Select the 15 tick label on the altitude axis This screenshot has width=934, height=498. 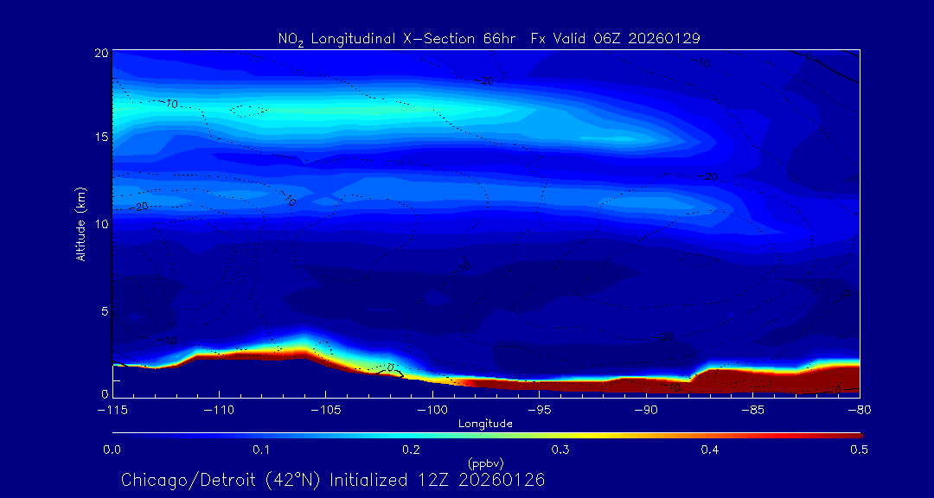103,138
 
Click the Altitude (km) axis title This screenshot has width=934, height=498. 80,224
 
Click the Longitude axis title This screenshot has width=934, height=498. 485,423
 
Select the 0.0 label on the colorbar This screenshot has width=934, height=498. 112,450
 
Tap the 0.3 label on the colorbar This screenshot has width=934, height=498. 560,450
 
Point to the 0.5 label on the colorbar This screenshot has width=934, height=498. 860,450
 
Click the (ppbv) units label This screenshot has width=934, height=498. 485,463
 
